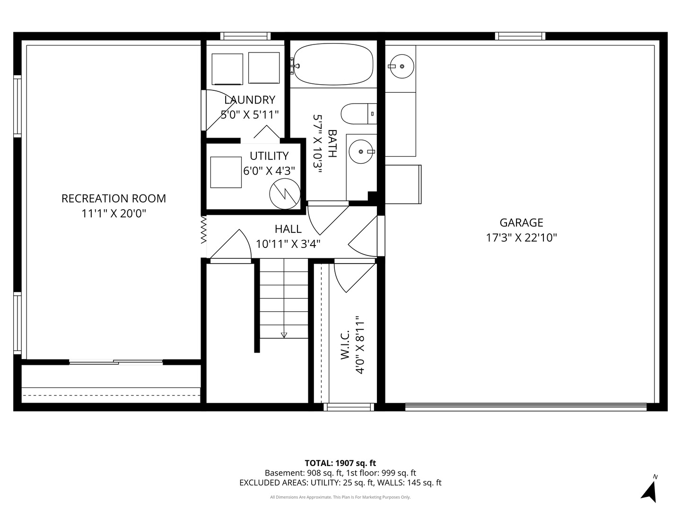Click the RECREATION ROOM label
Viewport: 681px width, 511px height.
pos(113,199)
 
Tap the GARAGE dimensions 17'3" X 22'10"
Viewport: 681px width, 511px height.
pos(521,238)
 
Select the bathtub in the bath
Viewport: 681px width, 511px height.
pos(333,64)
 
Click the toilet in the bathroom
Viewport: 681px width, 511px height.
pos(358,114)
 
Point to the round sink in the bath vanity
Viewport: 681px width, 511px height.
pos(361,152)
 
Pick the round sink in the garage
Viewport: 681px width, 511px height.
pos(402,66)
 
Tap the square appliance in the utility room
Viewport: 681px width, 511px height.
pos(226,172)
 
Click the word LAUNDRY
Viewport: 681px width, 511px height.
pos(250,100)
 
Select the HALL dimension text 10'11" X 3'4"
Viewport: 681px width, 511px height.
pos(288,244)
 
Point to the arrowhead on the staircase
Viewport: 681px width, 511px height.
pos(284,335)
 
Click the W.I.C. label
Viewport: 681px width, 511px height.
pos(345,345)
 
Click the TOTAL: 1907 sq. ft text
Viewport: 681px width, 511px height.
pos(340,463)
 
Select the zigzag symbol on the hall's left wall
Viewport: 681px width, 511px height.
pos(203,229)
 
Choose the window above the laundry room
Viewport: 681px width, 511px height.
pos(245,36)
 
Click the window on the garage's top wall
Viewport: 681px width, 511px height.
pos(520,36)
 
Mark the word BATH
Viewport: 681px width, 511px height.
pos(332,143)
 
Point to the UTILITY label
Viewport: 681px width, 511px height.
pos(269,156)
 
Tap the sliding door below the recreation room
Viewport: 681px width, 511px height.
pos(116,362)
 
